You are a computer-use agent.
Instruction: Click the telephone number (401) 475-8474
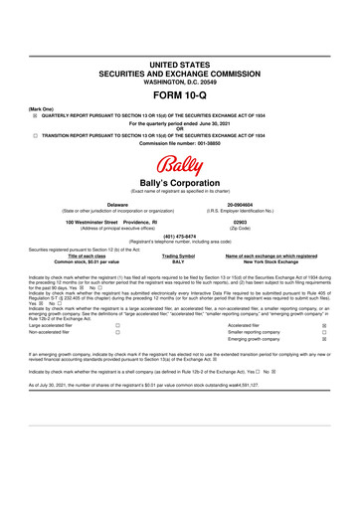pos(180,237)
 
